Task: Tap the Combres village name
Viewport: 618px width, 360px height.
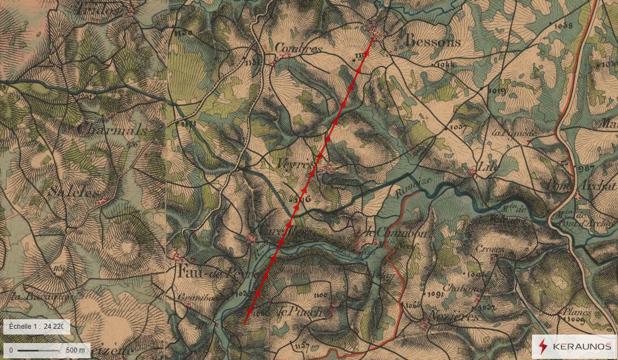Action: coord(298,49)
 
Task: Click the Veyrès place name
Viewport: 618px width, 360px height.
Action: coord(295,164)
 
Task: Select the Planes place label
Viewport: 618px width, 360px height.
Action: coord(577,311)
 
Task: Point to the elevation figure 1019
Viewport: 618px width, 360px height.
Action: coord(496,91)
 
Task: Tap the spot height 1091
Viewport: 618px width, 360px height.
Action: coord(435,295)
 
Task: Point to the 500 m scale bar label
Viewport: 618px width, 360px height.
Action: coord(75,350)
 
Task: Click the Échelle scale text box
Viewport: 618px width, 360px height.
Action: coord(36,327)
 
